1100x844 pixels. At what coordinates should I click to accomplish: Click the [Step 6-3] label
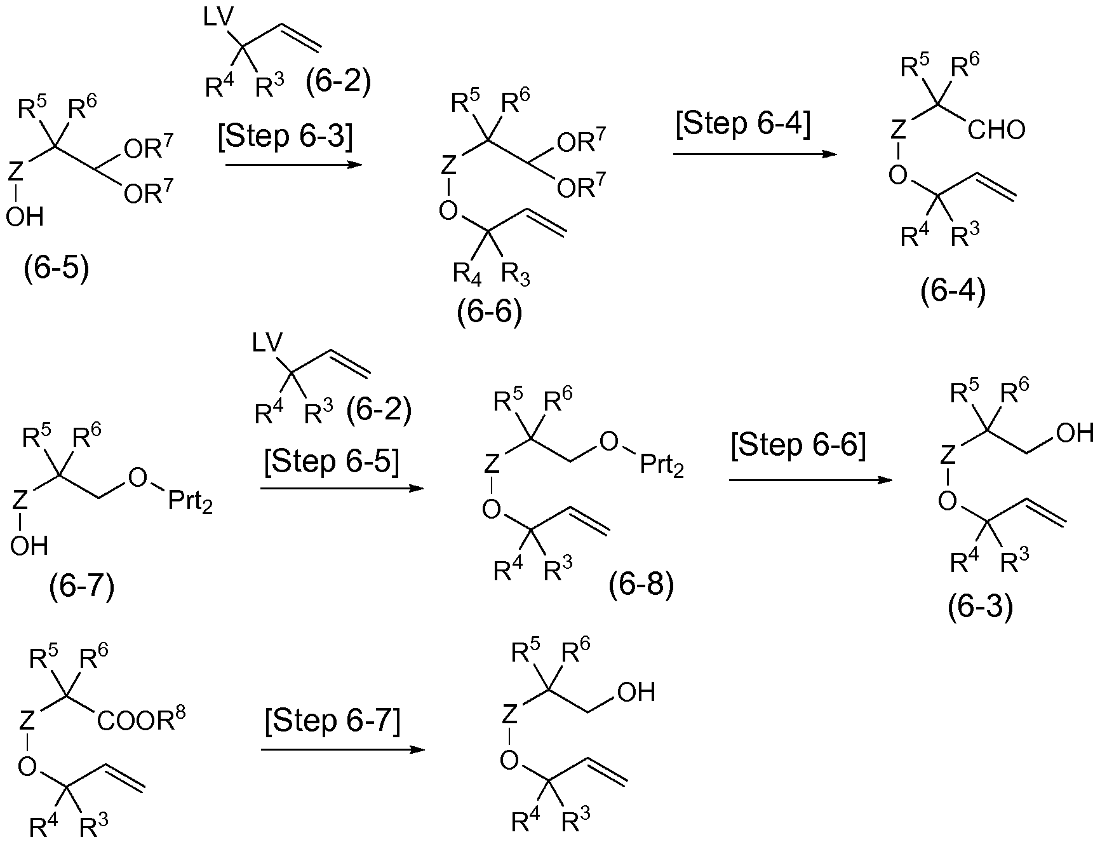pyautogui.click(x=285, y=137)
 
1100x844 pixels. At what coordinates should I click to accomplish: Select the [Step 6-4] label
pyautogui.click(x=743, y=124)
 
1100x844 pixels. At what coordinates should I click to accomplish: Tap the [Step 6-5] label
pyautogui.click(x=332, y=461)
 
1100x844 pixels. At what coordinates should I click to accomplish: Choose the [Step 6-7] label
pyautogui.click(x=333, y=721)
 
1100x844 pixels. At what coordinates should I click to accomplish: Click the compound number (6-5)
pyautogui.click(x=57, y=269)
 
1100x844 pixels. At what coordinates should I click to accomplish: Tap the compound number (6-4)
pyautogui.click(x=953, y=292)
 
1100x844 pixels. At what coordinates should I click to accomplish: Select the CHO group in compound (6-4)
pyautogui.click(x=997, y=130)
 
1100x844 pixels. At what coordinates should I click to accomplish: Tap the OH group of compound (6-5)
pyautogui.click(x=25, y=217)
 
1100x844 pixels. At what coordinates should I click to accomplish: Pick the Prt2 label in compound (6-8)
pyautogui.click(x=661, y=466)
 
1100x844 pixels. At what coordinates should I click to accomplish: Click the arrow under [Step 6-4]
pyautogui.click(x=755, y=154)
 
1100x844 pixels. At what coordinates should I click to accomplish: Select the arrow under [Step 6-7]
pyautogui.click(x=343, y=749)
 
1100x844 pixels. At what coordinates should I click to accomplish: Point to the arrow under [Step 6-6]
pyautogui.click(x=810, y=480)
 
